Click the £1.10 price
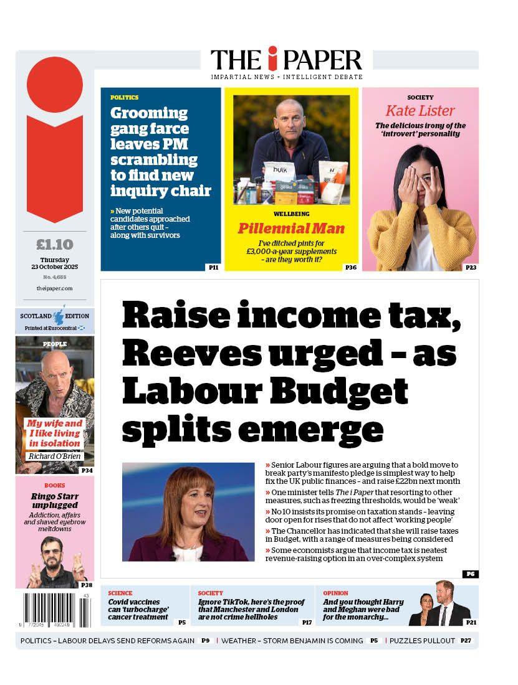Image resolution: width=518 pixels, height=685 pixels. pos(55,244)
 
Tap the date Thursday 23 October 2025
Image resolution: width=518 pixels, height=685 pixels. pos(55,263)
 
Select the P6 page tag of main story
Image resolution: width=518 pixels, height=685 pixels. pos(470,574)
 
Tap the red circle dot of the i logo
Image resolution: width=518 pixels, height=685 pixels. pos(55,85)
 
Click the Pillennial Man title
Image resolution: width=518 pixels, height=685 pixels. pos(291,229)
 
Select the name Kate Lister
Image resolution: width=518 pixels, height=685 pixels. pos(420,111)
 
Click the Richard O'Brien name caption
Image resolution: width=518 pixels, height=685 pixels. pos(54,456)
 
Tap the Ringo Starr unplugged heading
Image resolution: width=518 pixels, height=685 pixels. pos(54,501)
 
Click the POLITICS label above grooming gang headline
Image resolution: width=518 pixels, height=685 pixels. pos(125,98)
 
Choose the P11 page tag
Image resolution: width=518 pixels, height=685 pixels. pos(213,267)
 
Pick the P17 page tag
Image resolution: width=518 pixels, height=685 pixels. pos(307,621)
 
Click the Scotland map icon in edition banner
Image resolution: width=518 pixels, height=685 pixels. pos(60,315)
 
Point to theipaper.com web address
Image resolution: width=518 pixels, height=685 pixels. pos(55,288)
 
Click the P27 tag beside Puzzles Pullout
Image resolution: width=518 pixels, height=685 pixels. pos(466,640)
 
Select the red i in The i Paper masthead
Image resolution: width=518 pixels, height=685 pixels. pos(272,59)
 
